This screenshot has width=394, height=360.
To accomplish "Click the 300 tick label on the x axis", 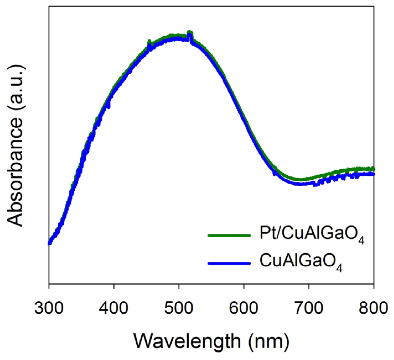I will click(x=49, y=307).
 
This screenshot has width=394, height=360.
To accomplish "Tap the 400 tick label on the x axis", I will click(x=114, y=307).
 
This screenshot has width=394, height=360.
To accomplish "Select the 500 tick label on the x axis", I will click(x=179, y=307).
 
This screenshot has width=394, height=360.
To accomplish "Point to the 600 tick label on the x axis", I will click(x=244, y=307).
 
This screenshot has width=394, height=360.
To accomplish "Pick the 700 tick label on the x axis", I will click(x=309, y=307).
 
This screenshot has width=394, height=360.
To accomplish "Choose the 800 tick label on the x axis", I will click(x=374, y=307).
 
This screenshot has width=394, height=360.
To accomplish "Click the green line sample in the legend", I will click(x=229, y=236).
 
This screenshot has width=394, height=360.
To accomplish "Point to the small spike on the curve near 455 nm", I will click(x=149, y=42).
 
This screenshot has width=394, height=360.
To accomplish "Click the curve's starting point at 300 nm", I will click(x=50, y=243).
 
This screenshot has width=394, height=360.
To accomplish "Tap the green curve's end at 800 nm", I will click(x=373, y=168).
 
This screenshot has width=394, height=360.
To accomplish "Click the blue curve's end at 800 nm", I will click(x=373, y=174).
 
